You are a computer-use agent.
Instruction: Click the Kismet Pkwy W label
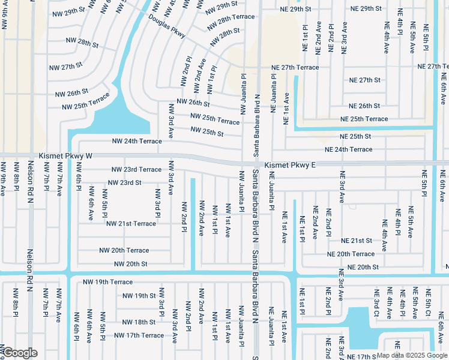tap(66, 155)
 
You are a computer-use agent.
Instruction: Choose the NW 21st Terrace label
tap(131, 224)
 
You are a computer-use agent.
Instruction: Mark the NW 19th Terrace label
tap(107, 281)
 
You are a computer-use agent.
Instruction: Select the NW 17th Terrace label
tap(139, 335)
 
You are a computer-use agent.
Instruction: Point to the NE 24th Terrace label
tap(348, 149)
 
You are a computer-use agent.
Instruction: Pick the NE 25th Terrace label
tap(364, 119)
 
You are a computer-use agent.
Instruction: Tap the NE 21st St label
tap(357, 241)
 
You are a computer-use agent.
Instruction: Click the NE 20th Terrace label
tap(351, 254)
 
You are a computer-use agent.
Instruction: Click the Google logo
tap(20, 352)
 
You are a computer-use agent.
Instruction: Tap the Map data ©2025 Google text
tap(411, 355)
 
